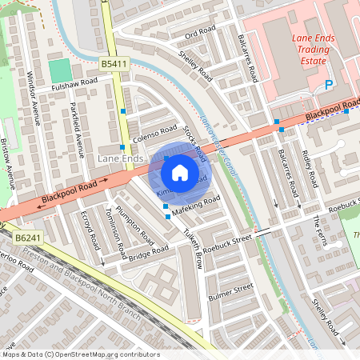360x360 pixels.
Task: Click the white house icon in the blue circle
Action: click(180, 173)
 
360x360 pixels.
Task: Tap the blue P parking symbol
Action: click(328, 86)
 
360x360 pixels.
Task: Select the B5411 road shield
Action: click(114, 62)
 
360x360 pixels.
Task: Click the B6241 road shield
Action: click(27, 238)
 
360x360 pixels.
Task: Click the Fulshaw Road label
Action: click(74, 82)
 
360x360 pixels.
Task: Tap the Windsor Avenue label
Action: click(38, 99)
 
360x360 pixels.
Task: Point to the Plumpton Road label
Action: click(134, 223)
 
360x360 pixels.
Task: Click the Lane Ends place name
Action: click(120, 159)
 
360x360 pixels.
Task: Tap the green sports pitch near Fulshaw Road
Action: click(59, 70)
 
